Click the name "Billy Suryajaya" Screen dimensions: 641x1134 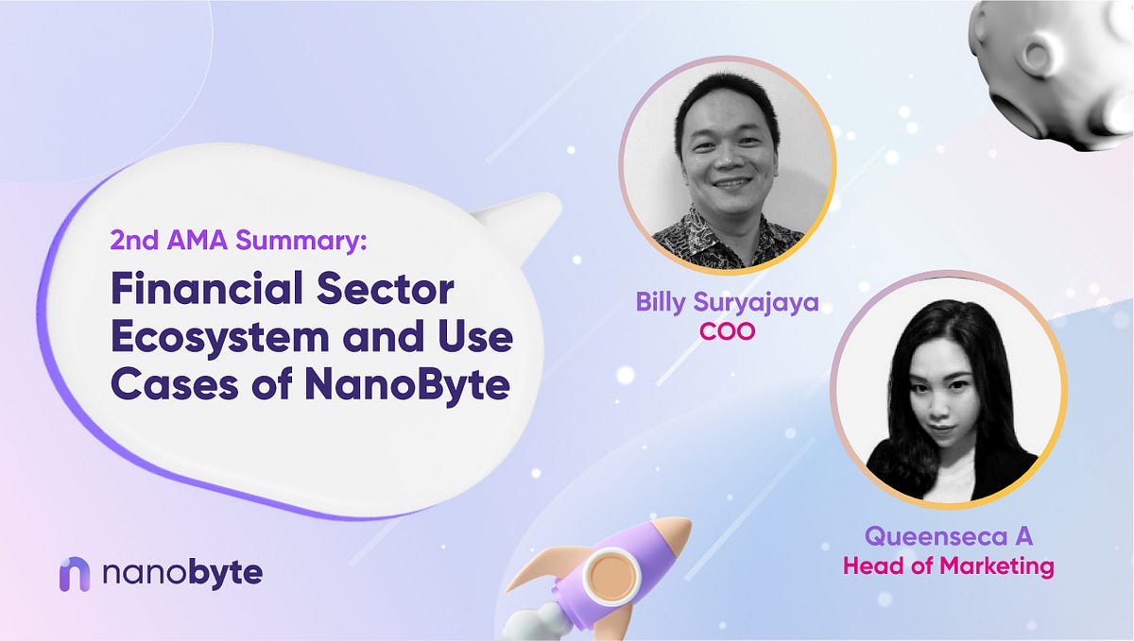click(x=728, y=305)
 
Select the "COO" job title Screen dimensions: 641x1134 click(x=727, y=332)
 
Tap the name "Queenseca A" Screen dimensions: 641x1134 click(x=948, y=537)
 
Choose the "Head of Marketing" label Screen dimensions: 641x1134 click(x=948, y=566)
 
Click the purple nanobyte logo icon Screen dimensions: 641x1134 click(x=75, y=574)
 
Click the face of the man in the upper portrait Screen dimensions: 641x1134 click(x=729, y=156)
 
